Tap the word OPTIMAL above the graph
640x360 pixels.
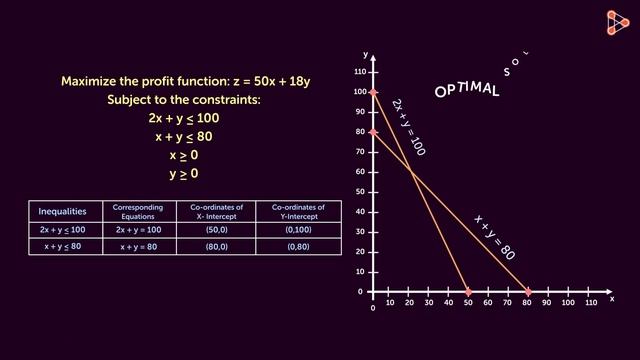pos(467,90)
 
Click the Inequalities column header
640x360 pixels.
pos(62,212)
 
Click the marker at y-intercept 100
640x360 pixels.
pos(373,92)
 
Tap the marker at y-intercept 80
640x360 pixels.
pos(373,132)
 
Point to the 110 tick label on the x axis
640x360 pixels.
pos(590,302)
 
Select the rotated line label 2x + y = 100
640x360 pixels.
pos(408,127)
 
